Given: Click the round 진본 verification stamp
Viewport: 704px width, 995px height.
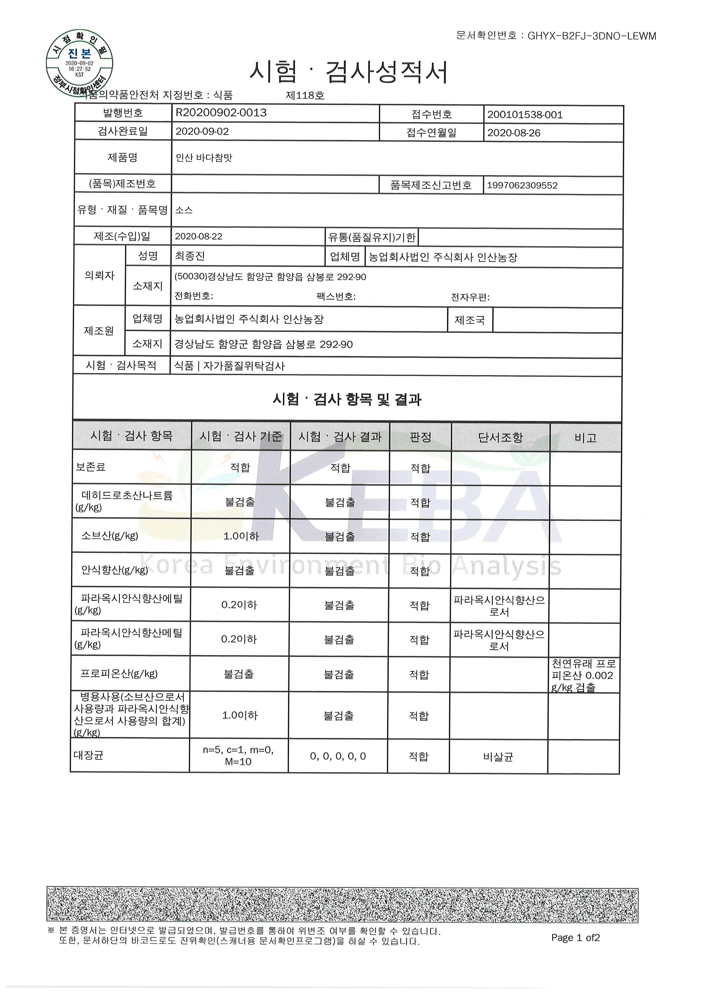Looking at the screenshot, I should click(x=80, y=63).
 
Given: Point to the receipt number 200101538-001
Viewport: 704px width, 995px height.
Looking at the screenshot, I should click(x=525, y=115).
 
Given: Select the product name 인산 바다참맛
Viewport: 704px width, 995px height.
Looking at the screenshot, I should click(x=204, y=158).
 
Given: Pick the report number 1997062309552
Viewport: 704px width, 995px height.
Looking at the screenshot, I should click(x=522, y=185).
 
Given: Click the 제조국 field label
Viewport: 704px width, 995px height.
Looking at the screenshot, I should click(x=469, y=320).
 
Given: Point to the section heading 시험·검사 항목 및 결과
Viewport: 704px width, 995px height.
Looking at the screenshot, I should click(x=347, y=399).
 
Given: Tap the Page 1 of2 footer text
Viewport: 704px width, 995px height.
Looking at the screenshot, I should click(x=575, y=938).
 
